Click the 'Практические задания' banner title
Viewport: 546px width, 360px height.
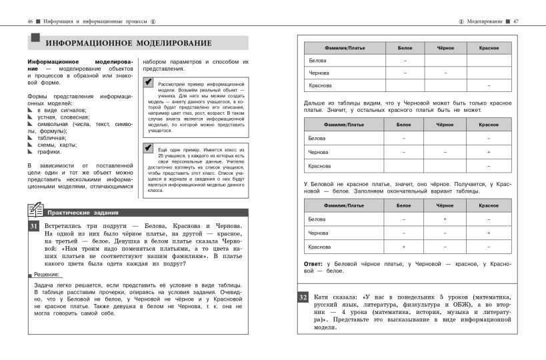pos(83,213)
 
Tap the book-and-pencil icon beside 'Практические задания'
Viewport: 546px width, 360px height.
pos(35,211)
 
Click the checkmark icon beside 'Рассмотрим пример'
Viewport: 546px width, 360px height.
pos(148,82)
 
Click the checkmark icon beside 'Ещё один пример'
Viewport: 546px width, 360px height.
pos(148,147)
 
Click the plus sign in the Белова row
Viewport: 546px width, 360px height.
pos(445,219)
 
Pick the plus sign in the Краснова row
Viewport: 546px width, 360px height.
pos(404,247)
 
